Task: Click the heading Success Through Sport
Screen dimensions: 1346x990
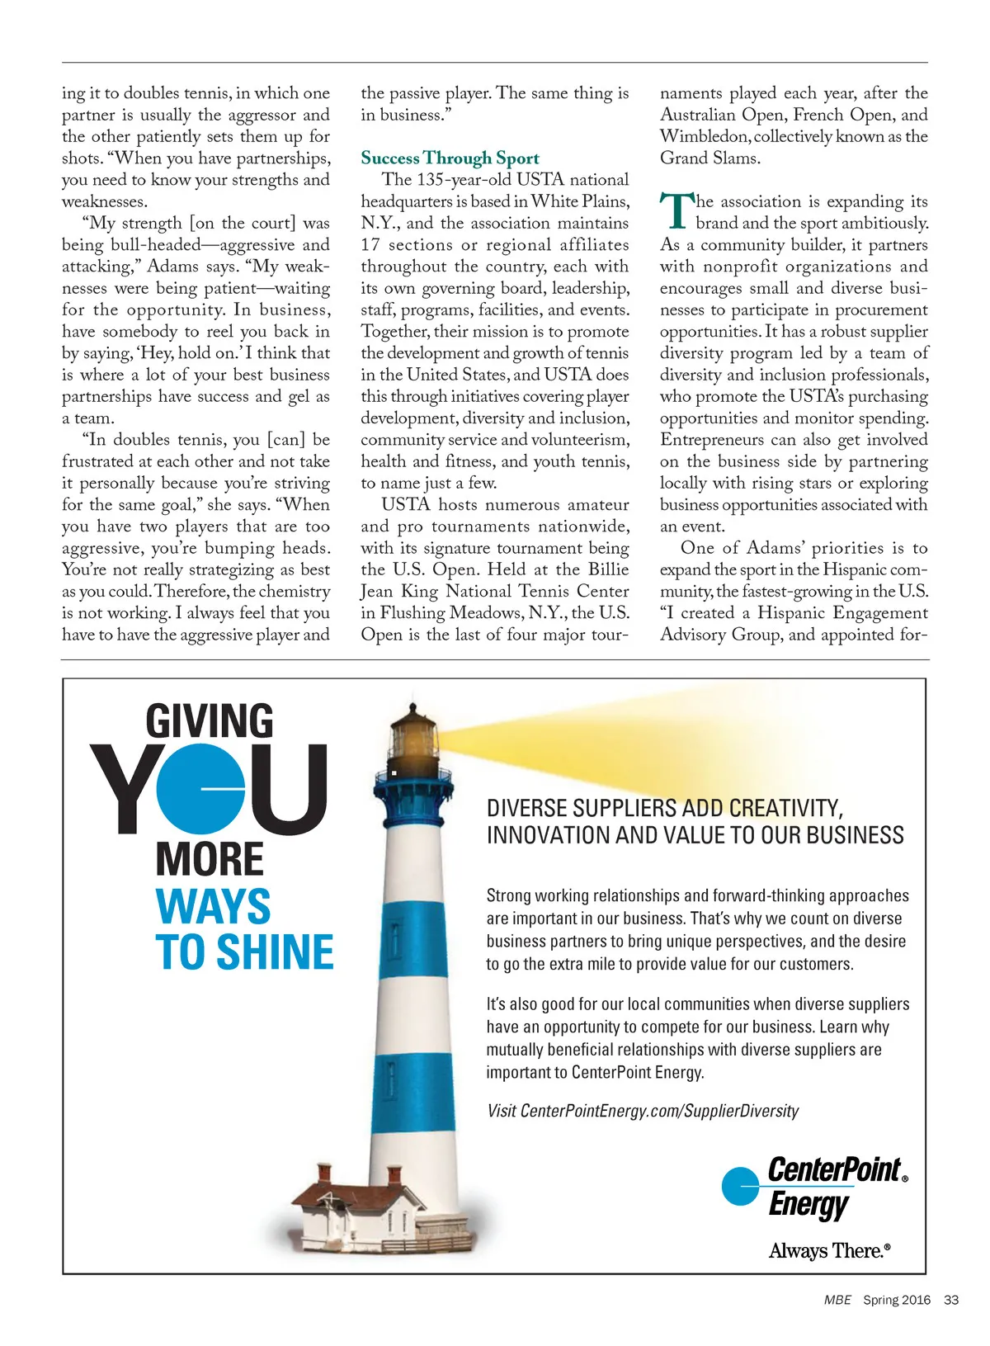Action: (450, 158)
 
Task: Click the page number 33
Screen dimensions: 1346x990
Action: (951, 1300)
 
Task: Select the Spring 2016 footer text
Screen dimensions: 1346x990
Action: (896, 1300)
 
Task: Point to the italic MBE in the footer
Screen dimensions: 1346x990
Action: (837, 1300)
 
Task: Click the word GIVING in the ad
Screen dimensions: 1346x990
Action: (210, 721)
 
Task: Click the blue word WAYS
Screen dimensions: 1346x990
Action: (213, 906)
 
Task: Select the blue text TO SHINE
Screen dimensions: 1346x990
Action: (244, 952)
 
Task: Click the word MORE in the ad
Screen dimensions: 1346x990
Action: (210, 859)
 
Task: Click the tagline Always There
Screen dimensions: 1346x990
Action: (829, 1251)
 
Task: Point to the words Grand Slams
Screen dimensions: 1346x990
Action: (709, 158)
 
